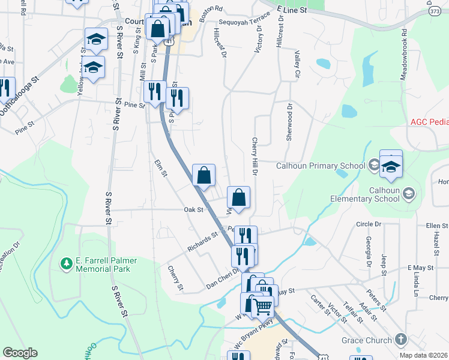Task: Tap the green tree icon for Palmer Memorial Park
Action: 65,263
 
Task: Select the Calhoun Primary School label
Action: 321,166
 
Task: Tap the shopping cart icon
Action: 262,306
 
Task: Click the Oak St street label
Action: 194,210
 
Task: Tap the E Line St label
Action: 292,10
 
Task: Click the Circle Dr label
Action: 369,224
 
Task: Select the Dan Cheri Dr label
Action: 223,277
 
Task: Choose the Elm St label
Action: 160,166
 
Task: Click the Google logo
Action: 20,353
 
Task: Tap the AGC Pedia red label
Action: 429,122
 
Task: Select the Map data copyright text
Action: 423,355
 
